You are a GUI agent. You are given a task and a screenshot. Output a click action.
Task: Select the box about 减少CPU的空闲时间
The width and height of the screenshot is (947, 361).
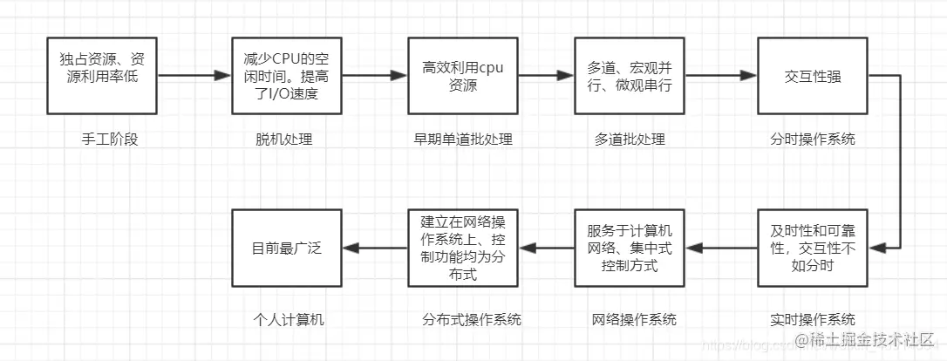tap(287, 76)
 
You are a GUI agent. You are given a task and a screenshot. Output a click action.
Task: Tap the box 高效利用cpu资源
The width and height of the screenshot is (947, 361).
tap(463, 76)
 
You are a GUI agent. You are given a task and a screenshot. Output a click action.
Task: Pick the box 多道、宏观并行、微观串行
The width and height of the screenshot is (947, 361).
tap(630, 76)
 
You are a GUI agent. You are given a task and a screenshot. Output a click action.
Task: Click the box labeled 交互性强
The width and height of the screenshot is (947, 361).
tap(813, 76)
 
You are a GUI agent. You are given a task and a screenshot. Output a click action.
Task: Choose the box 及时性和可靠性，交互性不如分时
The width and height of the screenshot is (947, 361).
tap(813, 249)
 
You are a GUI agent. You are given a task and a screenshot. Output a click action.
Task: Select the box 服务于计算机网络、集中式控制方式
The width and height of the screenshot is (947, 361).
tap(630, 249)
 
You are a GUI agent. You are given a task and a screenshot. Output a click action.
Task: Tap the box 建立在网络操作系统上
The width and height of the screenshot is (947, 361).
tap(463, 249)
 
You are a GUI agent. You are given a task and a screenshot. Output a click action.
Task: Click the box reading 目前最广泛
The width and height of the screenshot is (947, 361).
tap(287, 249)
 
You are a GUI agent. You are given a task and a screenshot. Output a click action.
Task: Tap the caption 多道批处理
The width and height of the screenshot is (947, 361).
tap(630, 140)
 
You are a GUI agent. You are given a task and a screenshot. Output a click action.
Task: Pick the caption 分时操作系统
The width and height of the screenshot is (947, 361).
tap(813, 140)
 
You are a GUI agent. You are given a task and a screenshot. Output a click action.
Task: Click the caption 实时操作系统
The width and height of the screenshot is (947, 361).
tap(813, 319)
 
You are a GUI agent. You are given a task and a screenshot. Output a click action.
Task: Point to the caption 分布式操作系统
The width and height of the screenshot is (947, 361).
tap(470, 319)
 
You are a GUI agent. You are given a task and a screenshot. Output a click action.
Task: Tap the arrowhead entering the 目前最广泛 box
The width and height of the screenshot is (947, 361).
tap(352, 249)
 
